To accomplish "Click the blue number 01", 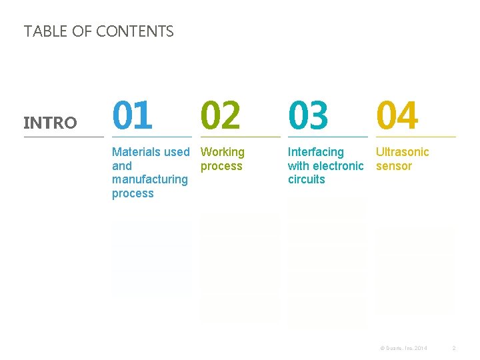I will coord(132,115).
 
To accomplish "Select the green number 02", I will coord(221,115).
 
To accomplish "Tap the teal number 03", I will coord(308,115).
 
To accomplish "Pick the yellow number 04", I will coord(397,115).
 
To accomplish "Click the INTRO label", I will coord(50,123).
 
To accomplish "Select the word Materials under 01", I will coord(137,152).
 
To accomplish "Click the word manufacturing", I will coord(150,179).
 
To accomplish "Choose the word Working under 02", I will coord(223,152).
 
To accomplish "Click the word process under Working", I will coord(221,166).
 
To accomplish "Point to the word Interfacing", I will coord(315,152).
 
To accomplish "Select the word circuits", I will coord(306,179).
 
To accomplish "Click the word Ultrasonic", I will coord(403,152).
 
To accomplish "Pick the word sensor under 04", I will coord(394,166).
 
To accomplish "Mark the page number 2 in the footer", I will coord(453,348).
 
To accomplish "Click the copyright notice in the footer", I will coord(403,348).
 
